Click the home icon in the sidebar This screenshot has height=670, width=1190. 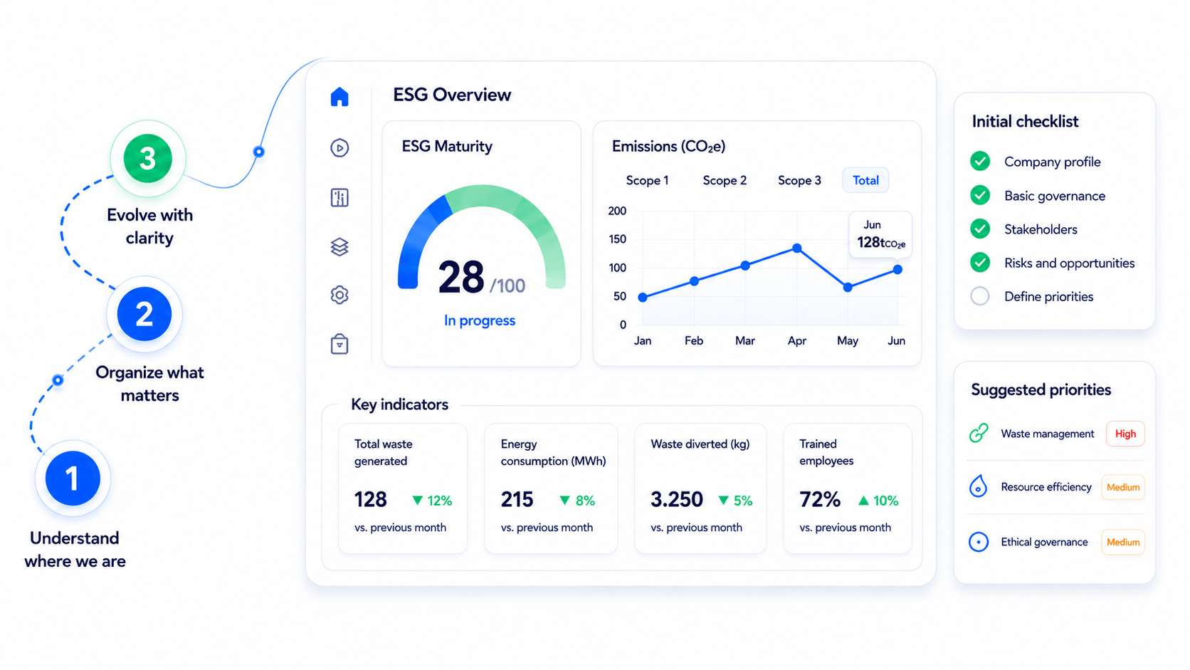click(339, 97)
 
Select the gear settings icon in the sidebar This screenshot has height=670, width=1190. click(339, 295)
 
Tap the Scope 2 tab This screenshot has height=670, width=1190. click(725, 181)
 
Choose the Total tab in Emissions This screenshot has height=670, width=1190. click(865, 180)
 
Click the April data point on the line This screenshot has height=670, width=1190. click(796, 248)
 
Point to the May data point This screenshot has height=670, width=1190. click(848, 288)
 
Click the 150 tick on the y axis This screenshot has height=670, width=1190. click(617, 239)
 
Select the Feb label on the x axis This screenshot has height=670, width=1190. click(694, 340)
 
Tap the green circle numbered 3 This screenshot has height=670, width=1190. click(148, 158)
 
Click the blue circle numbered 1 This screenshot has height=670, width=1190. click(73, 478)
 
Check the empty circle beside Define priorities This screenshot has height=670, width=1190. click(979, 296)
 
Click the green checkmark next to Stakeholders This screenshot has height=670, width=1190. click(979, 229)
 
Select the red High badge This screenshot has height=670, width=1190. click(1125, 434)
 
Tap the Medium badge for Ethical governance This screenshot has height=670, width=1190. click(1123, 542)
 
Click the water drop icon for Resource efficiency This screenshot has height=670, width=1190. click(978, 486)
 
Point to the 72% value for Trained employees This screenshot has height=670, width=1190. click(820, 499)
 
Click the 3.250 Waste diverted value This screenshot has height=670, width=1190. click(676, 499)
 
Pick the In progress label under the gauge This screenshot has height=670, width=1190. click(480, 320)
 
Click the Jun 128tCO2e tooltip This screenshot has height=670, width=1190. click(881, 235)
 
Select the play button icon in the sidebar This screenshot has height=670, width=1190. click(339, 147)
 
